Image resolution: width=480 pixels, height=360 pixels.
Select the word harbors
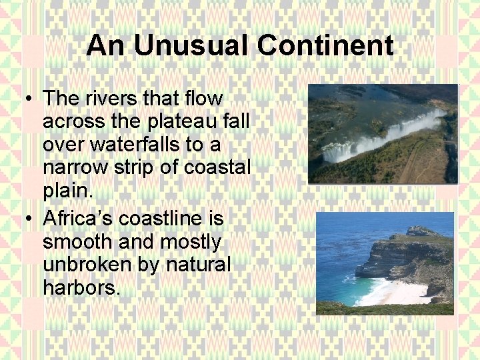coord(81,288)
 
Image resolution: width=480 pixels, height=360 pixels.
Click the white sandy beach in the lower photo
coord(400,292)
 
